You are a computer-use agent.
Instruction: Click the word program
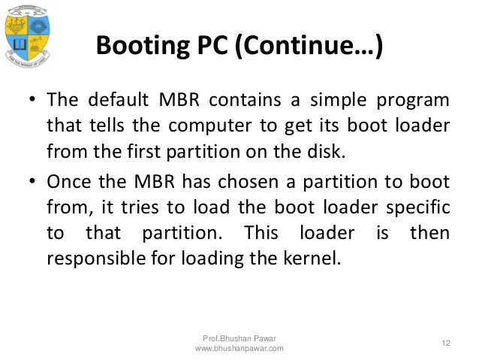click(418, 101)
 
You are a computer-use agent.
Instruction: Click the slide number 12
click(446, 343)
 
